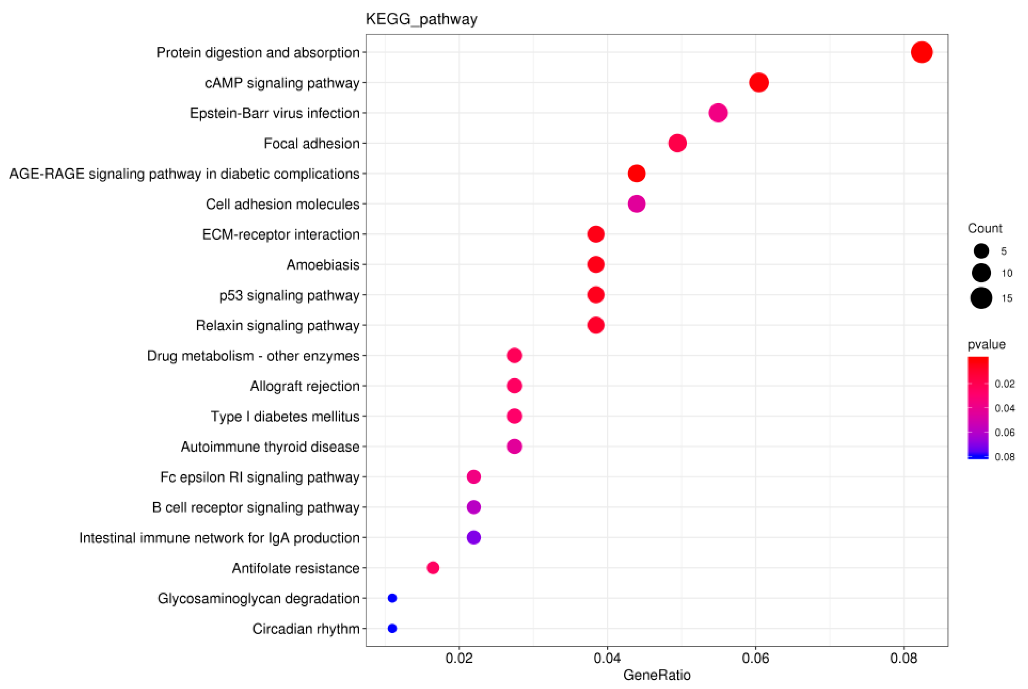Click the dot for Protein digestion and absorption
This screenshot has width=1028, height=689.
click(921, 52)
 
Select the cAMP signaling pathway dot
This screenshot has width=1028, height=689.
click(758, 83)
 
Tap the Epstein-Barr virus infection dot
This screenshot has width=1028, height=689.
click(718, 113)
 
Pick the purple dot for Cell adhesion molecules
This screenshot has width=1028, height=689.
click(636, 204)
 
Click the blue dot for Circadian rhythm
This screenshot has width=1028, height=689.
click(392, 628)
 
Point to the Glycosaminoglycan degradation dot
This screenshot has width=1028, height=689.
click(392, 598)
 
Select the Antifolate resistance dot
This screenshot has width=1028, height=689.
click(433, 568)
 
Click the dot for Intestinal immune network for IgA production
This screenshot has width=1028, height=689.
click(473, 537)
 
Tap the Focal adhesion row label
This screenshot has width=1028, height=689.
click(311, 144)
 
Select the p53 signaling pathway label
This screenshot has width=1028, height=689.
click(289, 295)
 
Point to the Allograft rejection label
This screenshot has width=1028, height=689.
click(305, 386)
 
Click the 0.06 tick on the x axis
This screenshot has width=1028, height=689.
click(755, 658)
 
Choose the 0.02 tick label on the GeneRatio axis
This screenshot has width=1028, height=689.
click(459, 658)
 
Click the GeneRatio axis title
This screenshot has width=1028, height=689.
click(656, 675)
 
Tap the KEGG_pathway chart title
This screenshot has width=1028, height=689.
click(421, 19)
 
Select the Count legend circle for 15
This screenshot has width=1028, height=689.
click(981, 298)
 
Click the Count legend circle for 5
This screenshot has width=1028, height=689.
click(981, 251)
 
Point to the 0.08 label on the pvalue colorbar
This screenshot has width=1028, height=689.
click(1004, 457)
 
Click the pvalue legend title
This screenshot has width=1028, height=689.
click(986, 344)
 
